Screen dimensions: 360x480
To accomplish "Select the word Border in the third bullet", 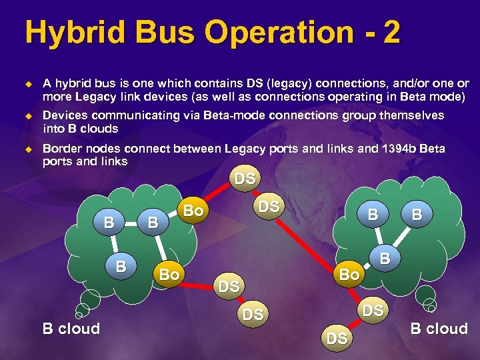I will coord(62,148).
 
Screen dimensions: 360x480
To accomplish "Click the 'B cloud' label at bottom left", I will coord(71,329).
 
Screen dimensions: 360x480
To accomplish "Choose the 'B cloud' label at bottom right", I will coord(439,329).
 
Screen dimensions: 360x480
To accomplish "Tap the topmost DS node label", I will coord(244,179).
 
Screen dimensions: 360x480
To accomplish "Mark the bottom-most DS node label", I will coord(337,339).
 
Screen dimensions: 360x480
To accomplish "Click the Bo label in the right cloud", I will coord(350,274).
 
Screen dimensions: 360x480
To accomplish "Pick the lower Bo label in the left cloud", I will coord(169,274).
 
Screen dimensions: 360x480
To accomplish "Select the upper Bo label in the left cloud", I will coord(193,211).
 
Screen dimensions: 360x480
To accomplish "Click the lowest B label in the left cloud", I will coord(121,266).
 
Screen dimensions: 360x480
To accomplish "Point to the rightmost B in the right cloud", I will coord(417,214).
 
